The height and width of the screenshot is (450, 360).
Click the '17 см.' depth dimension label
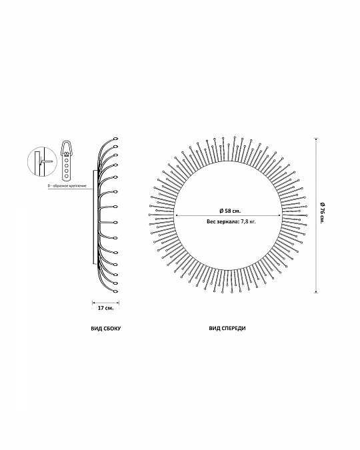pyautogui.click(x=106, y=308)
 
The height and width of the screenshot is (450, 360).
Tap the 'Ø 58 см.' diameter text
pyautogui.click(x=230, y=211)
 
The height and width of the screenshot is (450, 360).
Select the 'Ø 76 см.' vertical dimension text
pyautogui.click(x=322, y=213)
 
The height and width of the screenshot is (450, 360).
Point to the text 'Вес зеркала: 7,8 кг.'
pyautogui.click(x=231, y=221)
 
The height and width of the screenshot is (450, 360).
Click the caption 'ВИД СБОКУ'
pyautogui.click(x=105, y=328)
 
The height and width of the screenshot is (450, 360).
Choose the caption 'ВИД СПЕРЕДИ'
pyautogui.click(x=227, y=328)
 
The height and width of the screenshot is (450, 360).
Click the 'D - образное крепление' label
pyautogui.click(x=67, y=186)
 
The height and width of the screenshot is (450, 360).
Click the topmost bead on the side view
pyautogui.click(x=116, y=139)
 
